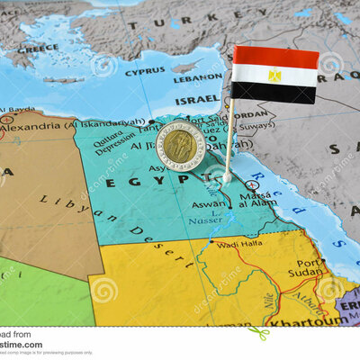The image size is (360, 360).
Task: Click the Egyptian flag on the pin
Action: click(274, 75)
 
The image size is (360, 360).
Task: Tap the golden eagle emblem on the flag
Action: click(274, 76)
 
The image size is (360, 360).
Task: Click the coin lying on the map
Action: click(181, 145)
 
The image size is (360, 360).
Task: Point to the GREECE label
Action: click(41, 48)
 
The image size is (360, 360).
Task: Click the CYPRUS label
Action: click(145, 71)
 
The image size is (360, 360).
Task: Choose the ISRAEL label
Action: click(197, 99)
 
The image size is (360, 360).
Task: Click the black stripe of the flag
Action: click(274, 93)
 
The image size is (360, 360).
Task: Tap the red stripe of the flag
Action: click(275, 58)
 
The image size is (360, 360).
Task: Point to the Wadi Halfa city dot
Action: click(211, 240)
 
